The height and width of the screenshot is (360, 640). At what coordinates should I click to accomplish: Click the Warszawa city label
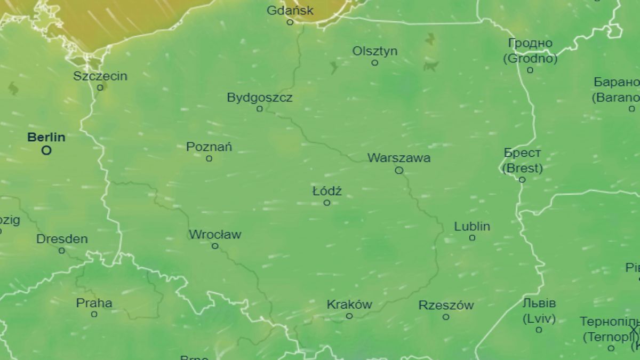[x=399, y=158]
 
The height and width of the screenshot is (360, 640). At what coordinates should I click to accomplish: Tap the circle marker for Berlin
[x=46, y=150]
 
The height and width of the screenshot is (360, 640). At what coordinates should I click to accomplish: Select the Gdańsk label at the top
[x=290, y=11]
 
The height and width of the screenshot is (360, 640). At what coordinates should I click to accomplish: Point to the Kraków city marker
[x=349, y=316]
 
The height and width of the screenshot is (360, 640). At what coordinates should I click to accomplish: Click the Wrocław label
[x=215, y=235]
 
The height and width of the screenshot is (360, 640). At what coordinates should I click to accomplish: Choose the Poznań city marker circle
[x=209, y=158]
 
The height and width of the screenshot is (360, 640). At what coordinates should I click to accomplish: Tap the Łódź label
[x=327, y=191]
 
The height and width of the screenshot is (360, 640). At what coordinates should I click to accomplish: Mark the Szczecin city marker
[x=100, y=87]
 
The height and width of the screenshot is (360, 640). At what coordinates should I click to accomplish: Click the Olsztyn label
[x=375, y=51]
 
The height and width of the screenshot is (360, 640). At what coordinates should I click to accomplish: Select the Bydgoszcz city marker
[x=260, y=109]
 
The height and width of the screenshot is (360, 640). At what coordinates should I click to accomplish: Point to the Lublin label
[x=472, y=227]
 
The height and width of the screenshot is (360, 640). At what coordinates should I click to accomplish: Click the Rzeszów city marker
[x=446, y=317]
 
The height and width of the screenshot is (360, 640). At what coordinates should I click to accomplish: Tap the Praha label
[x=94, y=303]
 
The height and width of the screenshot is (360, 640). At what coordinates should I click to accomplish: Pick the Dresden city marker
[x=62, y=251]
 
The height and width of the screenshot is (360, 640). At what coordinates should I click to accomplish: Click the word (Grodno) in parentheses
[x=530, y=59]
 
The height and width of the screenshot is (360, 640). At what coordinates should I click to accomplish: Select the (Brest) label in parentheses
[x=523, y=169]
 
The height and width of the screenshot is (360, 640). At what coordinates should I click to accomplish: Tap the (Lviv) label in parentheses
[x=539, y=319]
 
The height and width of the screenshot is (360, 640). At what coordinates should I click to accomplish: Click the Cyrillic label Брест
[x=523, y=153]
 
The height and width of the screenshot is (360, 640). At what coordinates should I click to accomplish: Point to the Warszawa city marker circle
[x=399, y=171]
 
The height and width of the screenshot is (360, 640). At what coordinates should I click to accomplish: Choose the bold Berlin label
[x=46, y=138]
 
